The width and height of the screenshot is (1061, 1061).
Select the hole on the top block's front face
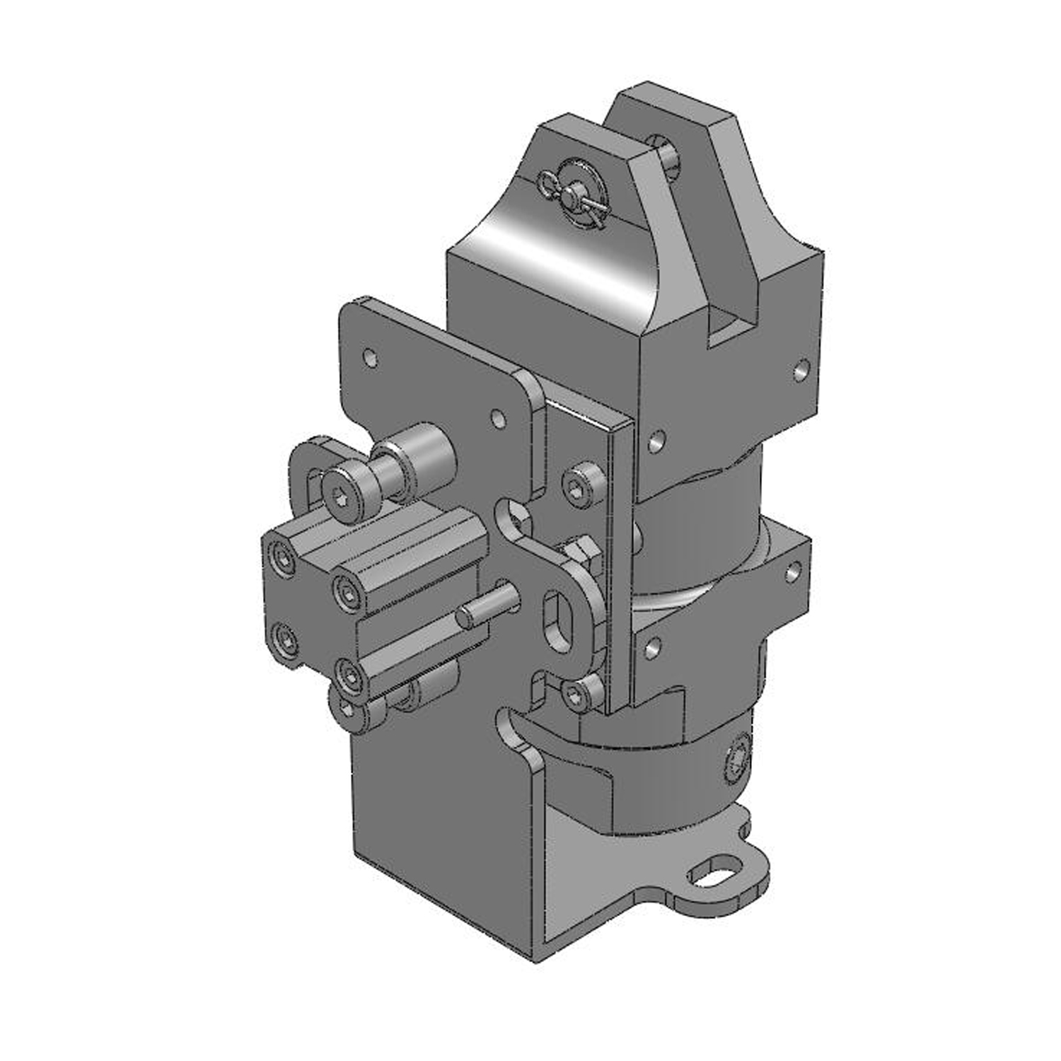[656, 441]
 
